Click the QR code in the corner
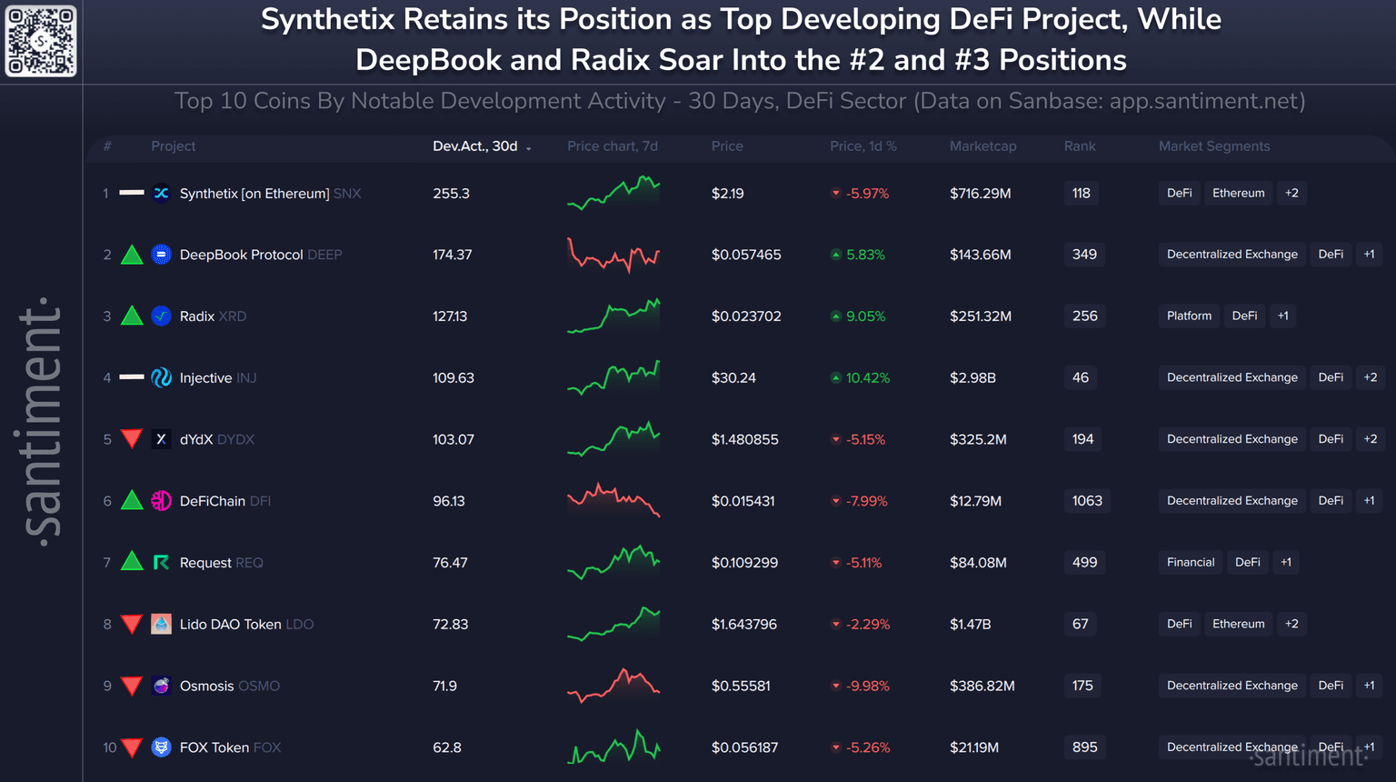41,41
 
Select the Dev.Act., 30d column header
475,146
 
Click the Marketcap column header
982,146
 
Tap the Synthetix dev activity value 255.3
451,194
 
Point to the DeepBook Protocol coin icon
161,255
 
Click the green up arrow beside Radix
132,316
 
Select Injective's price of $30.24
733,377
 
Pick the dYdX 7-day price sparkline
613,439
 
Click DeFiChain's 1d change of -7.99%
866,501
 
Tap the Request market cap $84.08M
978,563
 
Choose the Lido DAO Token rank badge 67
1080,624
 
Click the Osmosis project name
207,686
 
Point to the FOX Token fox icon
161,747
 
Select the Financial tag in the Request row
1191,563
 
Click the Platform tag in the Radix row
1189,316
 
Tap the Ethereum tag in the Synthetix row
1238,193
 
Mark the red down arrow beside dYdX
132,439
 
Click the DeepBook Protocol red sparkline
613,256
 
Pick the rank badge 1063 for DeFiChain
1086,501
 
